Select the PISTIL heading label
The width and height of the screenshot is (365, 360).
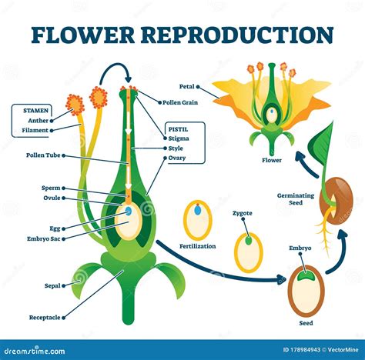(x=179, y=129)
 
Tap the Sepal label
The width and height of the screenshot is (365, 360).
(x=52, y=285)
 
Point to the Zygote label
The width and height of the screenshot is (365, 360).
(x=242, y=213)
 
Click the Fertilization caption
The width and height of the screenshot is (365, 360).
(x=197, y=245)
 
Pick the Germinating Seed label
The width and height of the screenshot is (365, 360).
(x=296, y=199)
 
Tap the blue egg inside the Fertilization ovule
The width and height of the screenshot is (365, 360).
(x=197, y=209)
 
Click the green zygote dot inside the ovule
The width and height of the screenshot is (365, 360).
(x=248, y=240)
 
